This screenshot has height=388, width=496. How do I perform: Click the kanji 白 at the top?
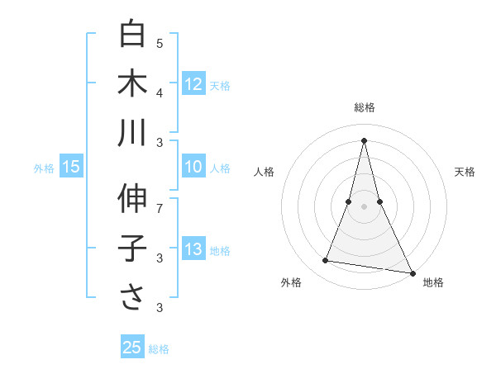coord(132,34)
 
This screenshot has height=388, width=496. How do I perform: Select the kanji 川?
coord(132,133)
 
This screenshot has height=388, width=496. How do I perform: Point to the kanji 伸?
coord(132,199)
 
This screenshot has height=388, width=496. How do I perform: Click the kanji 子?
coord(132,248)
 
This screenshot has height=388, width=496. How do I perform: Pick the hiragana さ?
coord(132,298)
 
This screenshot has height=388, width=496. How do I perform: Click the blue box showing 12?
coord(193,84)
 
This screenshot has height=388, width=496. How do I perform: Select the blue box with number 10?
coord(193,167)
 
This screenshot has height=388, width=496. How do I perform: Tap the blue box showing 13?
coord(193,250)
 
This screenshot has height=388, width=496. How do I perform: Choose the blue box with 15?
coord(71,168)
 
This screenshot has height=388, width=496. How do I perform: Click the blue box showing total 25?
coord(132,348)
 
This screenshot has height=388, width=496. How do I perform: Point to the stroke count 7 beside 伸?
coord(160,208)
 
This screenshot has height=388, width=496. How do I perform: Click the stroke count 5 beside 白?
coord(160,43)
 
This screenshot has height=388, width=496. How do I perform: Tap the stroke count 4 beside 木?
coord(160,92)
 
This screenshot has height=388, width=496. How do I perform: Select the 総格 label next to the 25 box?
coord(160,349)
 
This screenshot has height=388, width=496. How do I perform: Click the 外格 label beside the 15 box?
coord(44,168)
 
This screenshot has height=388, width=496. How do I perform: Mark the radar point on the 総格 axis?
coord(364,140)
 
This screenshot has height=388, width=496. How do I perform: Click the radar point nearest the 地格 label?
coord(412,272)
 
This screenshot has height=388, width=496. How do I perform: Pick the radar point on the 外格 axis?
coord(326,261)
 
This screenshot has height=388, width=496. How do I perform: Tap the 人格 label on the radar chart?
coord(264,172)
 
